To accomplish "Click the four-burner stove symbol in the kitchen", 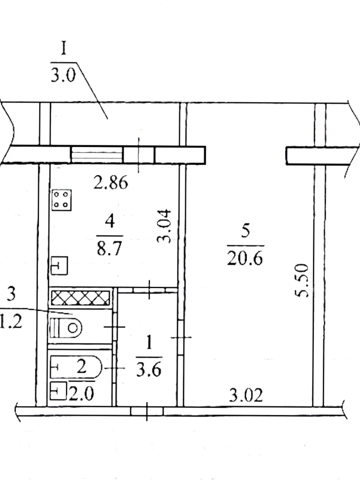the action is point(61,200).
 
